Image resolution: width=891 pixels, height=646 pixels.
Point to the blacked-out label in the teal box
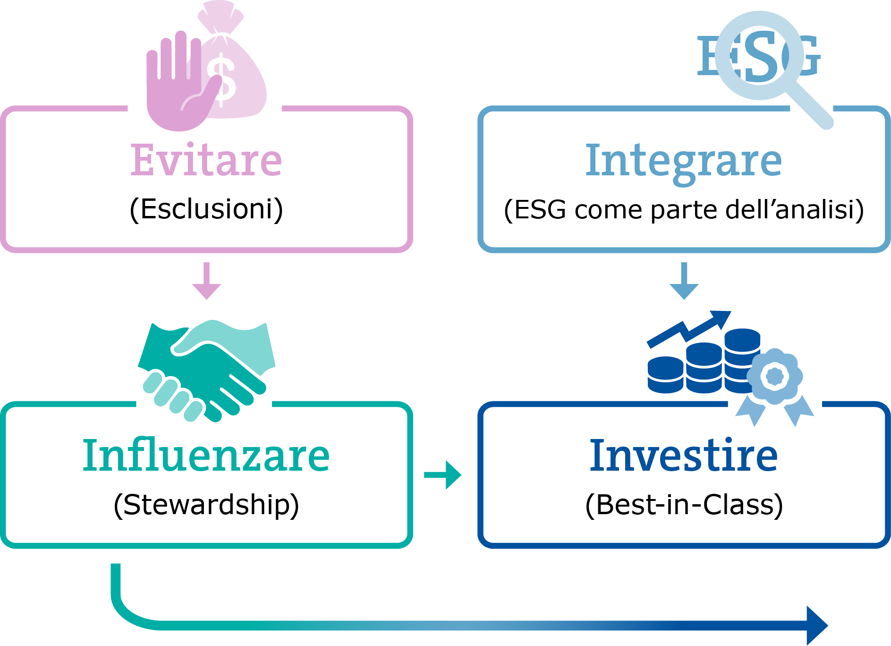[206, 507]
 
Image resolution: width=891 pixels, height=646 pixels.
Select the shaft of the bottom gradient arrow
[519, 626]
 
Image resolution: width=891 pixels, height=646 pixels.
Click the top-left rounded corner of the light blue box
[479, 113]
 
